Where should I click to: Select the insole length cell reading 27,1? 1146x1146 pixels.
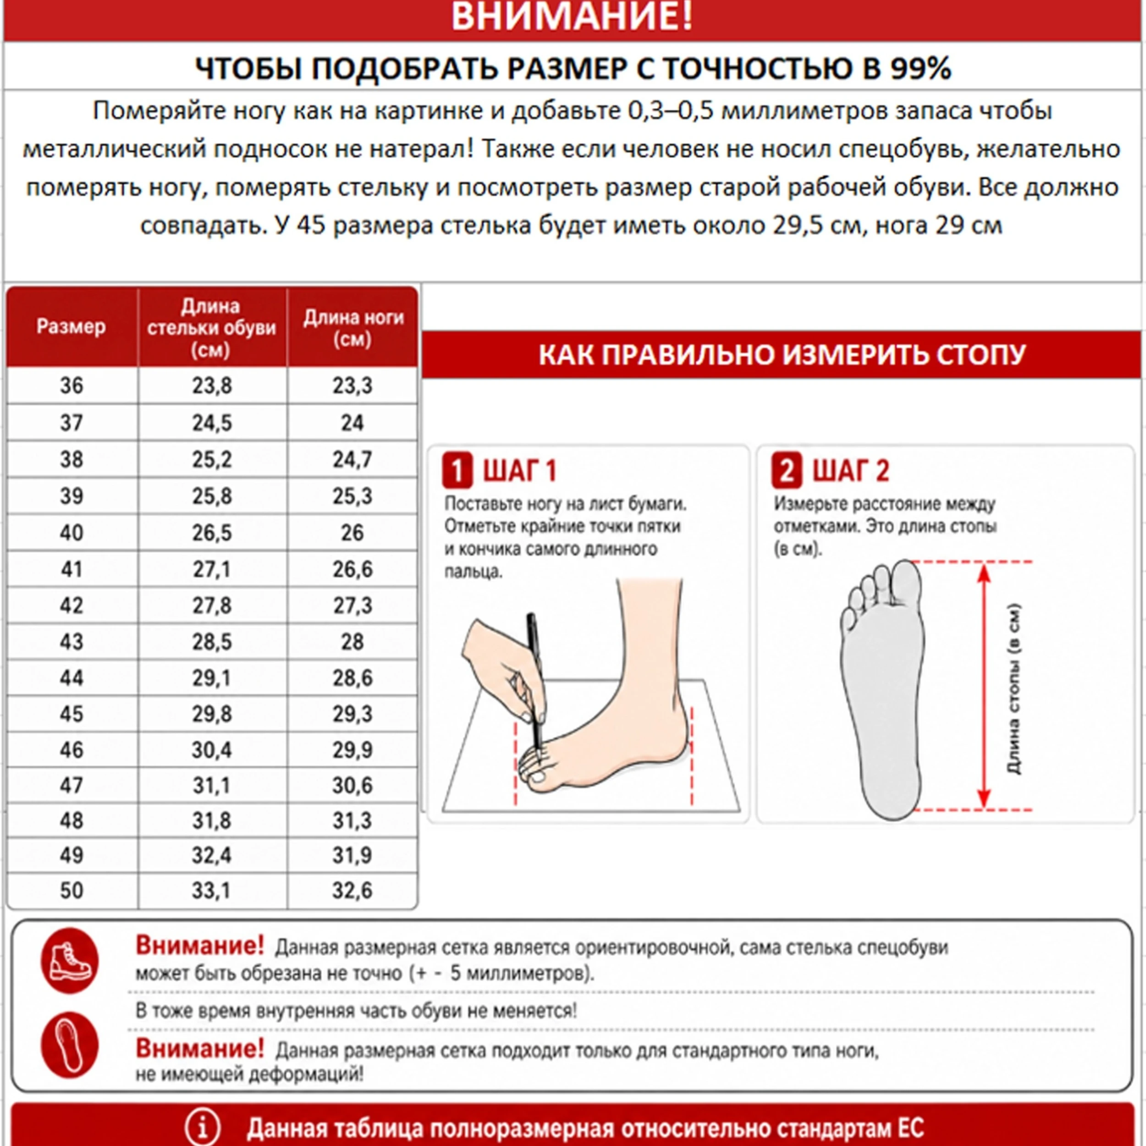[212, 569]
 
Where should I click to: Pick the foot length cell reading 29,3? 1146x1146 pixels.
[353, 714]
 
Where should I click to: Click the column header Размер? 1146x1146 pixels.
[71, 326]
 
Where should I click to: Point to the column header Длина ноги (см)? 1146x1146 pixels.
[353, 328]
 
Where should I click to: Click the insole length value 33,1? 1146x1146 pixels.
[212, 890]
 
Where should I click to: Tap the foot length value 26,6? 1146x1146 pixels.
[353, 569]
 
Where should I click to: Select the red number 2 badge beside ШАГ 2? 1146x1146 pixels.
[787, 470]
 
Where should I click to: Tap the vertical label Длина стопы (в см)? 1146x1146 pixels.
[1014, 689]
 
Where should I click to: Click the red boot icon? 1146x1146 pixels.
[69, 961]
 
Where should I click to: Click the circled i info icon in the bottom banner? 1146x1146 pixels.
[202, 1127]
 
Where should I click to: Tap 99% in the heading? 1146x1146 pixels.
[920, 68]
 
